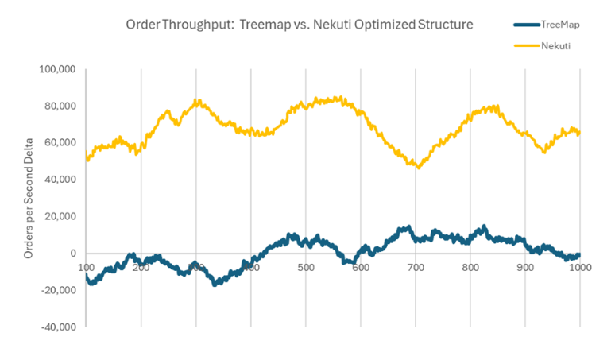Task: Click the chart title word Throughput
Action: coord(198,25)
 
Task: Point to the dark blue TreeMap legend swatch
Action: coord(523,25)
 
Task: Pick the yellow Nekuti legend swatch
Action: coord(523,46)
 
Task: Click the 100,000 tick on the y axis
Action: coord(57,69)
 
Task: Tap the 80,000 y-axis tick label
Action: coord(60,106)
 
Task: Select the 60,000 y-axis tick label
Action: coord(60,142)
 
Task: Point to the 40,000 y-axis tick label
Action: coord(60,180)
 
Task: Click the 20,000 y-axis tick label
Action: coord(60,216)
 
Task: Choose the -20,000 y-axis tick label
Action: coord(58,290)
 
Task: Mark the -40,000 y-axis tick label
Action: coord(58,327)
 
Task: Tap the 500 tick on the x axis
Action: coord(306,268)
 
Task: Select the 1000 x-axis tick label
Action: coord(578,268)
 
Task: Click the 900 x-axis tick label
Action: coord(525,268)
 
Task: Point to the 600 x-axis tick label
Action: coord(361,268)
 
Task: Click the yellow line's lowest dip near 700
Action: coord(418,167)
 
